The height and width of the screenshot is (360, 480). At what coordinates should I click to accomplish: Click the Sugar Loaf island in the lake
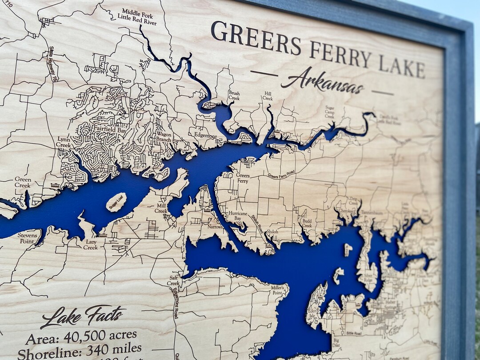[116, 202]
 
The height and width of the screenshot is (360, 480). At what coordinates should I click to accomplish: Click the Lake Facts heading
[83, 316]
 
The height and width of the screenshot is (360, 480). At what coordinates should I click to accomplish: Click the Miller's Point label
[277, 290]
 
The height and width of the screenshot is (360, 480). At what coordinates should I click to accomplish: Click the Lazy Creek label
[90, 244]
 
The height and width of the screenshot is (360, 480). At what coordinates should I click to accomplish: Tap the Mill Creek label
[161, 208]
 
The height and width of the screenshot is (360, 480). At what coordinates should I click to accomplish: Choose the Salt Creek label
[173, 280]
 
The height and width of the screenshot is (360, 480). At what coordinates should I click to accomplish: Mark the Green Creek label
[23, 182]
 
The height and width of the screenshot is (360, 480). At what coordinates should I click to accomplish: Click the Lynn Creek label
[64, 142]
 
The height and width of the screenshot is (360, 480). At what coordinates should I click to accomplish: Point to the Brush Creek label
[234, 96]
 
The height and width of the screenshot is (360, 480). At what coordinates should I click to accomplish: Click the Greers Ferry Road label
[281, 174]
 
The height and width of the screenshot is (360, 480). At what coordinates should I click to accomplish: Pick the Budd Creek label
[307, 223]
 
